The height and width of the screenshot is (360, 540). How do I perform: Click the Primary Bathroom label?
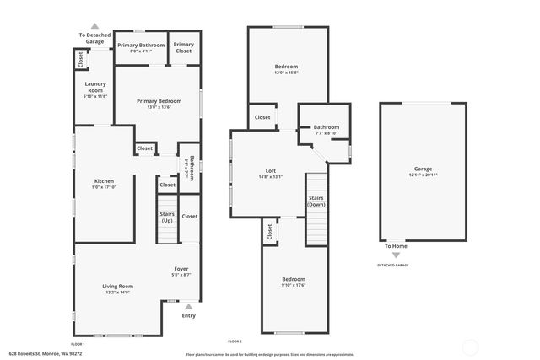coord(141,45)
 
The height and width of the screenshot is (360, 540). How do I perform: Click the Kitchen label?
coord(104,181)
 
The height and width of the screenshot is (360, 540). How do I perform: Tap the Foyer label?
coord(181,269)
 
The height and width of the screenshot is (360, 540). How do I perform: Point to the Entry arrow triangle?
coord(189,307)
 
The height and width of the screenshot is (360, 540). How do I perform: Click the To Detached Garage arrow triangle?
coord(94,27)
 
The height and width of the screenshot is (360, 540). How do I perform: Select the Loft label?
coord(271,171)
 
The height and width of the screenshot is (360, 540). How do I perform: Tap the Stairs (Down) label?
coord(316,201)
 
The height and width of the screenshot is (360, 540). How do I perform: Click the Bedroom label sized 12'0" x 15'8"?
coord(286,66)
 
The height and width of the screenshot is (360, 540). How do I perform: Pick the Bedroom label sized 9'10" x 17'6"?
coord(294,279)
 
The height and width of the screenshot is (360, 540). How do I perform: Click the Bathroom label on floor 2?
coord(327,127)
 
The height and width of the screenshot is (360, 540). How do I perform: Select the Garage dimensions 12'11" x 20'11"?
coord(423,175)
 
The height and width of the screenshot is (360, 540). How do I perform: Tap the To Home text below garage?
coord(397,246)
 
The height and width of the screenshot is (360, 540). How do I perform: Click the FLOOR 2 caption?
coord(235,341)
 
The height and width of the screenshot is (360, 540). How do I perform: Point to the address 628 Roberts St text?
coord(40,353)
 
